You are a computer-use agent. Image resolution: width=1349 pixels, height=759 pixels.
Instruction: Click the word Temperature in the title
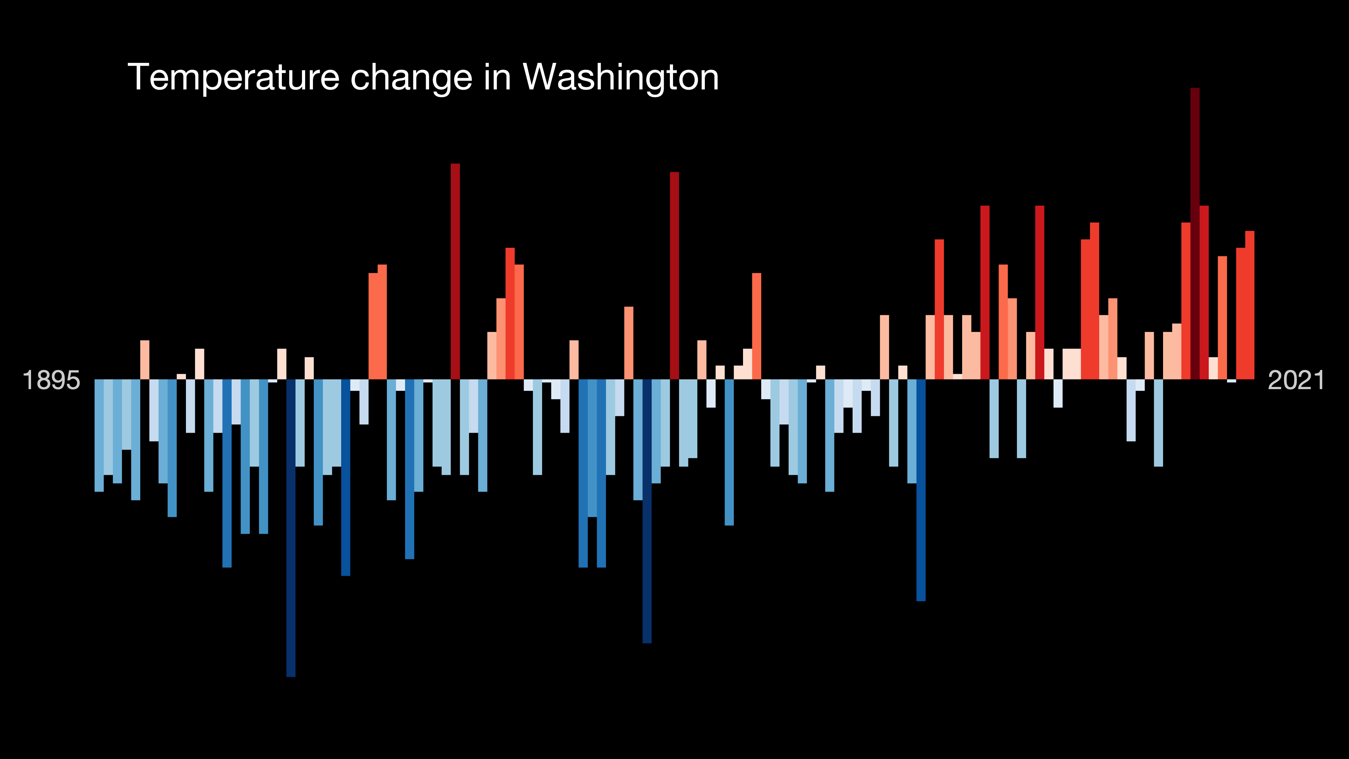233,77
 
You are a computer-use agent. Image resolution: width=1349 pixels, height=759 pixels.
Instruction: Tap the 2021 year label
1295,380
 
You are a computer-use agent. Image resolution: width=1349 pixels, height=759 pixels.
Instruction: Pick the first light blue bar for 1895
99,435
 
